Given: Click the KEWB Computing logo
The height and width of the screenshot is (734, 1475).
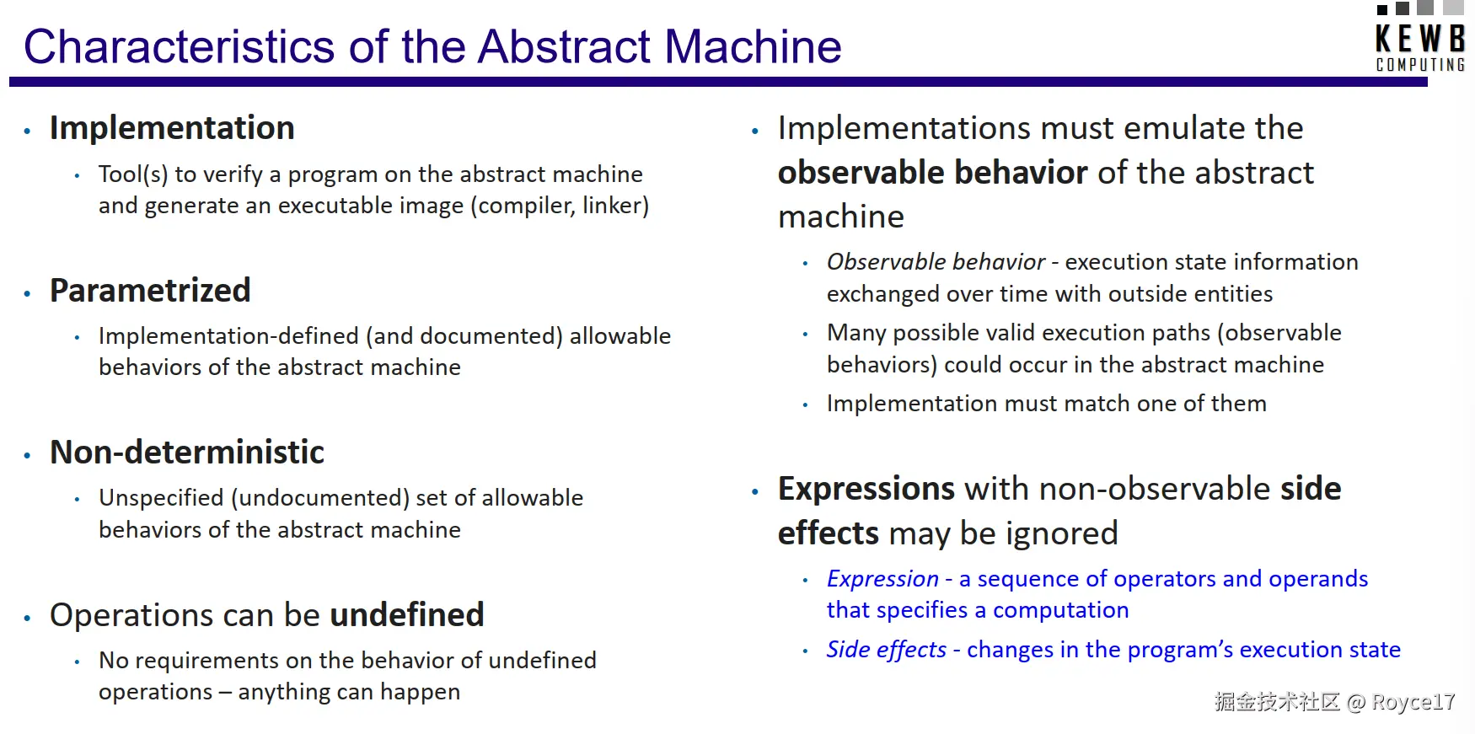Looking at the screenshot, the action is point(1420,37).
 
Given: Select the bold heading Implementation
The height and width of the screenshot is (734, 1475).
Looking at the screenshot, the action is point(172,128).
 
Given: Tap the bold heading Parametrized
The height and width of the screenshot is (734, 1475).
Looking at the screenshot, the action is point(150,291).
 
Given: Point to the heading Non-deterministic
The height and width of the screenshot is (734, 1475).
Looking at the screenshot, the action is point(187,453).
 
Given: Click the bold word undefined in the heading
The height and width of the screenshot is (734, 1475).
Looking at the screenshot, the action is point(407,615).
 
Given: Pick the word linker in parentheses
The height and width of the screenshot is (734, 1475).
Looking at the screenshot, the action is point(618,206).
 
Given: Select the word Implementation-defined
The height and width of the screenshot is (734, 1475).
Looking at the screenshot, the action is point(228,336).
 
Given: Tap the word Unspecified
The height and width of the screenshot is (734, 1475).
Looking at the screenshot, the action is point(161,498).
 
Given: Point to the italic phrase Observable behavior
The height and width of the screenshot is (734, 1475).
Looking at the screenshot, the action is point(936,262).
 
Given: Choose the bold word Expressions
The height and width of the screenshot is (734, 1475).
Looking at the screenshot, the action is point(866,490).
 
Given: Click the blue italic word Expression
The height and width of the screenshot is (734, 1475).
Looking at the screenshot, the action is point(882,579).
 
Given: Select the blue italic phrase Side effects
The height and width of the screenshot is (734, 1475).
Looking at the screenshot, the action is point(887,650).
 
